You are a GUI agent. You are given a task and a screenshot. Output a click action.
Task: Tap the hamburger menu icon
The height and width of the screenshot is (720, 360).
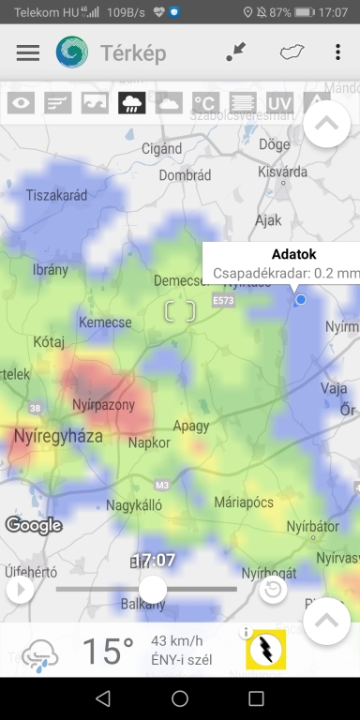pyautogui.click(x=28, y=52)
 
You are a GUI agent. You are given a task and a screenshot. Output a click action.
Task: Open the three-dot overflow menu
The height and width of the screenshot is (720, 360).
pyautogui.click(x=337, y=52)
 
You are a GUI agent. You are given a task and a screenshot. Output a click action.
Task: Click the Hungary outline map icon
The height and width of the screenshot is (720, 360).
pyautogui.click(x=292, y=52)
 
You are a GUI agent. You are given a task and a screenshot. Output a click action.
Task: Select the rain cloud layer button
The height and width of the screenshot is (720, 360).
pyautogui.click(x=131, y=102)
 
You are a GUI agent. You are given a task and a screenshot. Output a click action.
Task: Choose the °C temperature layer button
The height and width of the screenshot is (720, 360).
pyautogui.click(x=205, y=102)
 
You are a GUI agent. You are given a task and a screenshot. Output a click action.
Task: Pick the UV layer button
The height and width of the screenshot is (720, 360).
pyautogui.click(x=279, y=102)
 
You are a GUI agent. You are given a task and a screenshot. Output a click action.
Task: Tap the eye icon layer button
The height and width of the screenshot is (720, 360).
pyautogui.click(x=21, y=102)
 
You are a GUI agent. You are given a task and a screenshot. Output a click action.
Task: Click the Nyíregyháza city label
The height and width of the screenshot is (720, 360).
pyautogui.click(x=58, y=436)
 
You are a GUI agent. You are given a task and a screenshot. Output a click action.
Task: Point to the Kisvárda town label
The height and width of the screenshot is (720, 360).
pyautogui.click(x=281, y=172)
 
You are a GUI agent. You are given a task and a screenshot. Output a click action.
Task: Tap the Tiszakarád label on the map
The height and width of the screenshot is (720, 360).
pyautogui.click(x=56, y=195)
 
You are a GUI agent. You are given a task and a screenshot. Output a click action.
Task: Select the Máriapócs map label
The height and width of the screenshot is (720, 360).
pyautogui.click(x=243, y=502)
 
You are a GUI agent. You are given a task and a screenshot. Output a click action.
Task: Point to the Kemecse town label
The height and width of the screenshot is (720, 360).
pyautogui.click(x=105, y=322)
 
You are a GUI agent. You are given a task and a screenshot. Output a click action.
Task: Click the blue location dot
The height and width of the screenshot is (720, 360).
pyautogui.click(x=301, y=299)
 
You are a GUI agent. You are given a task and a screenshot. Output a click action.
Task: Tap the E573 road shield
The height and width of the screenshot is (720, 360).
pyautogui.click(x=223, y=301)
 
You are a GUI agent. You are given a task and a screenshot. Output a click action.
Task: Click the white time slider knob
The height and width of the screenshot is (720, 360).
pyautogui.click(x=152, y=589)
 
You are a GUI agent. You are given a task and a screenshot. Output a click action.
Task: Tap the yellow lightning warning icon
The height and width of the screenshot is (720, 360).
pyautogui.click(x=265, y=649)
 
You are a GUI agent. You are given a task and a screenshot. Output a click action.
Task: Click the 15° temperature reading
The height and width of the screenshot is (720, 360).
pyautogui.click(x=108, y=650)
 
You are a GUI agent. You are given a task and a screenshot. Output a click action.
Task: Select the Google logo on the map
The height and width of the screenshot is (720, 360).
pyautogui.click(x=34, y=525)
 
